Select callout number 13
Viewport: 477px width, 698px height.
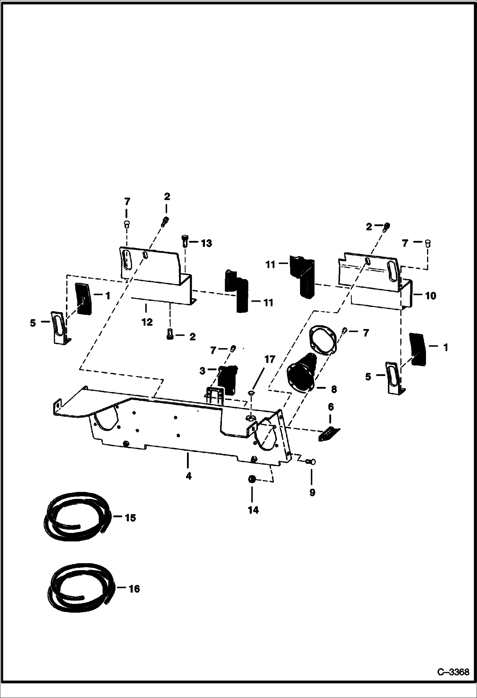tap(206, 243)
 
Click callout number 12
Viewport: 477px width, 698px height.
tap(147, 322)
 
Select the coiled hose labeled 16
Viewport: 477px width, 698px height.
tap(80, 590)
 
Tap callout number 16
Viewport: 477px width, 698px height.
tap(134, 589)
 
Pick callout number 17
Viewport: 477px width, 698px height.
tap(269, 359)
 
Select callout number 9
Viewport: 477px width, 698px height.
tap(312, 492)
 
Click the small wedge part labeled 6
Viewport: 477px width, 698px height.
tap(329, 434)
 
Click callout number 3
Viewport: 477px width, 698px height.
tap(203, 371)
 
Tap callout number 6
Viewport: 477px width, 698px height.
tap(331, 407)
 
